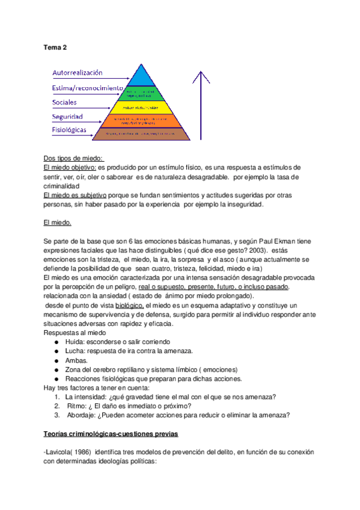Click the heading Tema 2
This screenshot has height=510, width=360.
click(x=55, y=47)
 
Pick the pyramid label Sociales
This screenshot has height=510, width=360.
click(x=65, y=103)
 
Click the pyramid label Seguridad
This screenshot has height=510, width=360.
click(x=67, y=117)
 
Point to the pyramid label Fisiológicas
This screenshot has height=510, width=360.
click(x=69, y=130)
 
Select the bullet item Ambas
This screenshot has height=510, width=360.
click(x=78, y=360)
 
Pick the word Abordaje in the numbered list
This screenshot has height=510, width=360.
click(x=81, y=414)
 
